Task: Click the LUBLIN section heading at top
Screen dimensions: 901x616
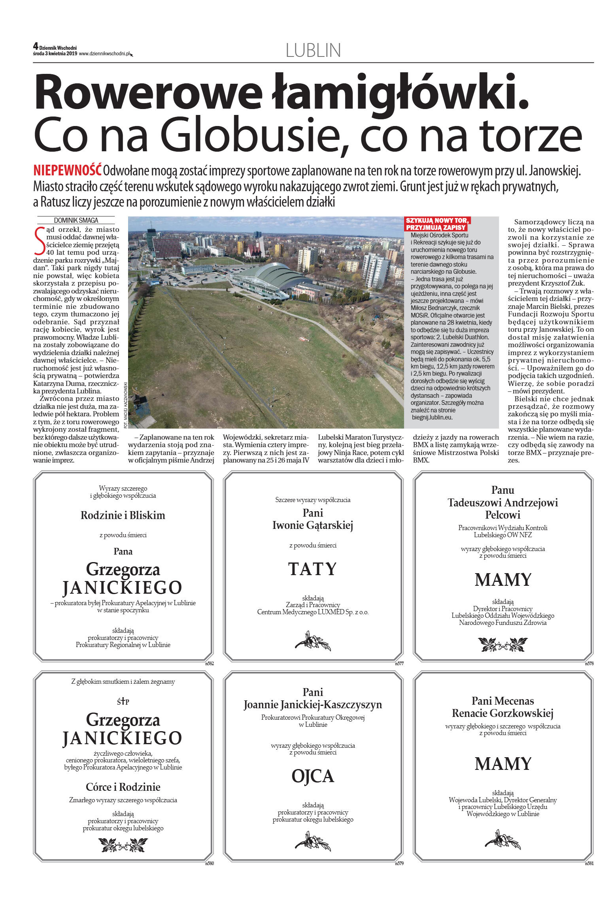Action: [x=313, y=51]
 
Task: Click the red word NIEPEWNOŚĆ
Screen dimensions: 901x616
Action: [x=67, y=171]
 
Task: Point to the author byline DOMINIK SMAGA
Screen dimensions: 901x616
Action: [x=76, y=220]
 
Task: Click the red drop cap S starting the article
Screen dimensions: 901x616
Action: [x=40, y=241]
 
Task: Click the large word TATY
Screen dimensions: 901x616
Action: [x=312, y=569]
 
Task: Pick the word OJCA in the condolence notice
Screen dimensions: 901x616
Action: [x=313, y=777]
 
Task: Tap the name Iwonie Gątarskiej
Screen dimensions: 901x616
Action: [x=312, y=525]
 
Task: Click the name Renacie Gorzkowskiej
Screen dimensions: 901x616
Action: [x=503, y=713]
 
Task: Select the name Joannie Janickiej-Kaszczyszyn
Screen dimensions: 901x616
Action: [x=313, y=705]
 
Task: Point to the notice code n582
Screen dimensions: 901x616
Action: [x=210, y=664]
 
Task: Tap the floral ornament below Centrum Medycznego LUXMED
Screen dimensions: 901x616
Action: [x=313, y=641]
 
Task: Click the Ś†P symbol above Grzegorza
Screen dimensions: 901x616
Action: [x=123, y=702]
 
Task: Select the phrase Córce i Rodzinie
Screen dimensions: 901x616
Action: [x=123, y=787]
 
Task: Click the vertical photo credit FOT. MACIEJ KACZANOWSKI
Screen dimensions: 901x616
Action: [x=125, y=405]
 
